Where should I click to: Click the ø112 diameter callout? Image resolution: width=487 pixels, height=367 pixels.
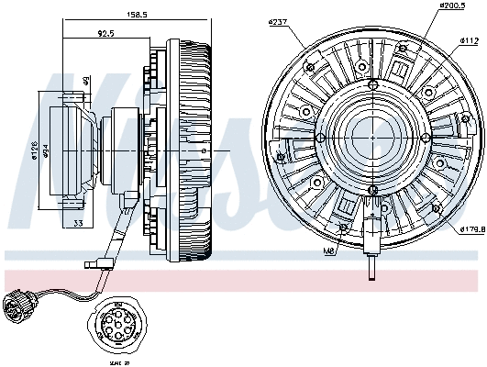point(469,41)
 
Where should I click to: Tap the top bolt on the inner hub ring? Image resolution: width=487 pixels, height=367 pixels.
point(371,85)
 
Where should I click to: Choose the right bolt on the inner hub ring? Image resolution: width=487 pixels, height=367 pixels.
point(425,138)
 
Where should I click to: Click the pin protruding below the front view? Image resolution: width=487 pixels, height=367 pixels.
point(372,268)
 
